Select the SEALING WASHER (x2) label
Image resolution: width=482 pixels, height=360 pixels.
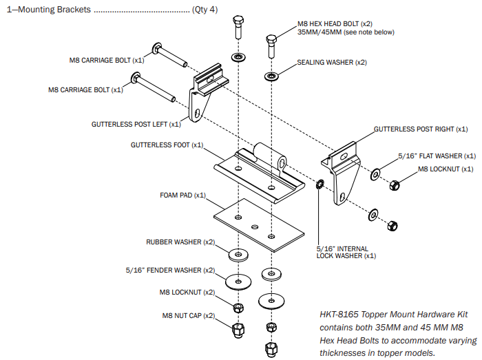(x=332, y=63)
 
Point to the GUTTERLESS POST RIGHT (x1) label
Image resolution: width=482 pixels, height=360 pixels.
(x=420, y=129)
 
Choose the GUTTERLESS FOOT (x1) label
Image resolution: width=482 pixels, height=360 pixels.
(x=167, y=145)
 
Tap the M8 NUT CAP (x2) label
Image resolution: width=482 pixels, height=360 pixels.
(x=187, y=315)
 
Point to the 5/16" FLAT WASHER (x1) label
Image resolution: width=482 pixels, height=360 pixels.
(x=437, y=156)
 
